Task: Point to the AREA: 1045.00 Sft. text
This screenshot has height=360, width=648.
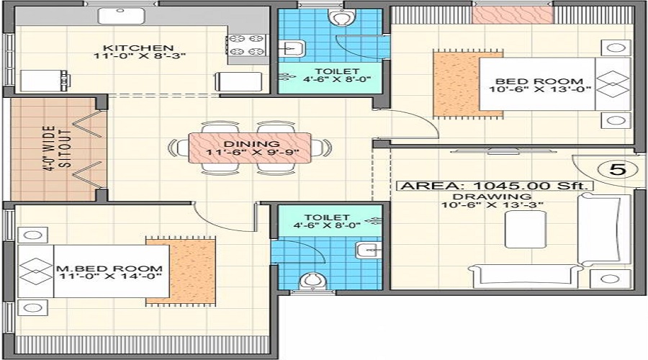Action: click(496, 185)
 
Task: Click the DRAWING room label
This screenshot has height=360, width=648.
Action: click(492, 196)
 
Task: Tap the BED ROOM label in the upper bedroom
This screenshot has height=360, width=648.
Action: click(538, 82)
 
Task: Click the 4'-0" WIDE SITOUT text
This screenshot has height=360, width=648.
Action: click(58, 150)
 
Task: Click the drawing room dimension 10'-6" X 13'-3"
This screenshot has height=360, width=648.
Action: click(492, 205)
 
